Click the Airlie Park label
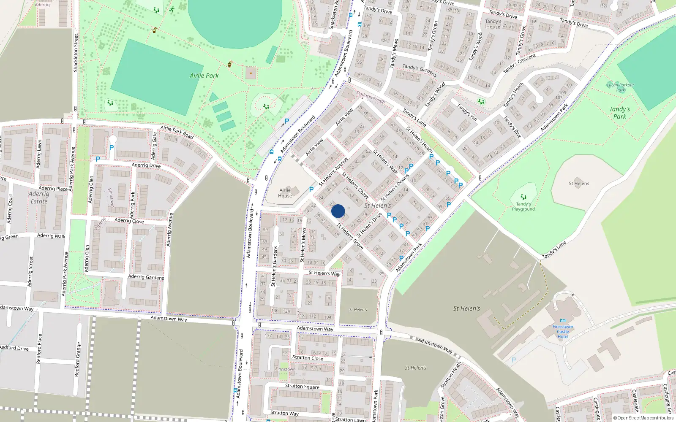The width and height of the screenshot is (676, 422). click(204, 76)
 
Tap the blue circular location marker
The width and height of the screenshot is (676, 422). click(338, 211)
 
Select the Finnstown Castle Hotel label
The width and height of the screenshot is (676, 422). click(563, 331)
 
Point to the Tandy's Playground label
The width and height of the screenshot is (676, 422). click(523, 206)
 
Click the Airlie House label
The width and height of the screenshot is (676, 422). click(285, 193)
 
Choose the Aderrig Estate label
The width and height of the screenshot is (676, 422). click(39, 197)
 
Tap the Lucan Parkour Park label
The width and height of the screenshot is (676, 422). click(620, 87)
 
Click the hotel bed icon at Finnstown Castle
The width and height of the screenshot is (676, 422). click(563, 321)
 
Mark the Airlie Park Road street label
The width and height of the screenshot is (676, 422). click(177, 132)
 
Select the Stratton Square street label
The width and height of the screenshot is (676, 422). click(302, 386)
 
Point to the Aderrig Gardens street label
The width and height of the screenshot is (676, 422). click(146, 277)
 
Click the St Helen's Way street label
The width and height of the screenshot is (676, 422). click(324, 273)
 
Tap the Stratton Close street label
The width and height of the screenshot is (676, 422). click(308, 357)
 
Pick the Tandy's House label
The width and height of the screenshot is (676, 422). click(493, 24)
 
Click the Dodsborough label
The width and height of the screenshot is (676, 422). click(371, 97)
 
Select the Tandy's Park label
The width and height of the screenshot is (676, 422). click(619, 113)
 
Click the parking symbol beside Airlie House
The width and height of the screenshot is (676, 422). click(311, 189)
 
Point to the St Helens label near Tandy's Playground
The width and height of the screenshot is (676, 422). click(579, 184)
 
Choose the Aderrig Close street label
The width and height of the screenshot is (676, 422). click(129, 221)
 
